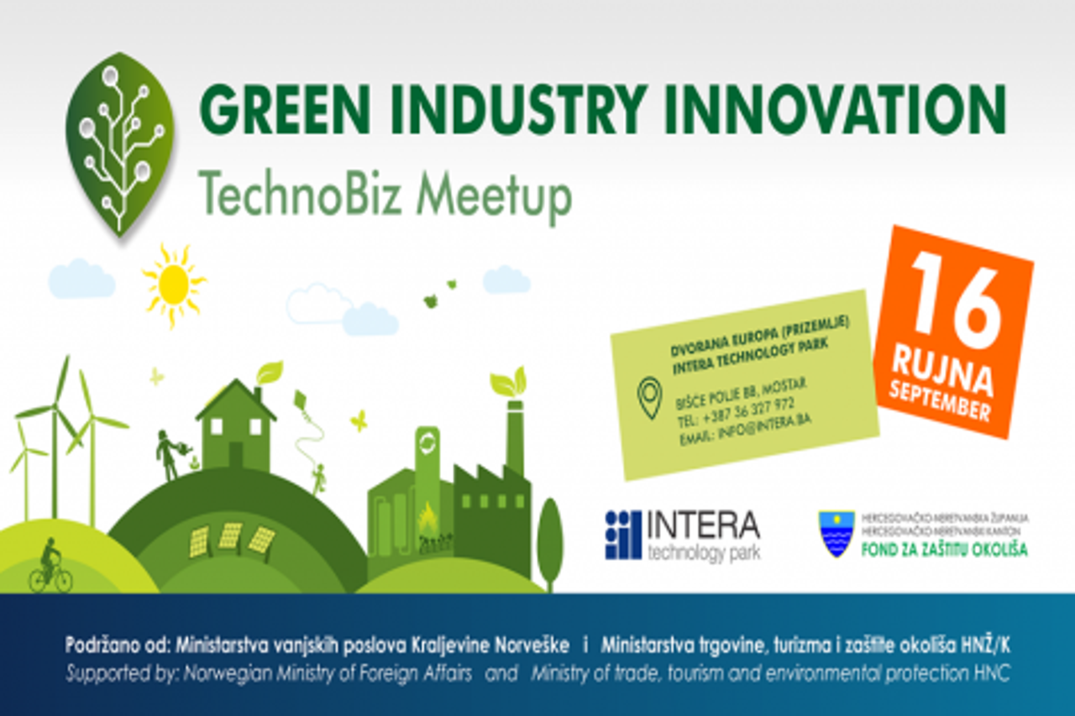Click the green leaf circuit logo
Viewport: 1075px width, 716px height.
120,143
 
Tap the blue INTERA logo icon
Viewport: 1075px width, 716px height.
622,535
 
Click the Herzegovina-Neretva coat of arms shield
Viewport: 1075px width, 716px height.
836,534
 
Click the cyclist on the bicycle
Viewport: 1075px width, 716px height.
50,567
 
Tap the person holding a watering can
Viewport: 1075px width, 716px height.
169,455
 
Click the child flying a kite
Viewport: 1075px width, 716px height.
318,479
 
